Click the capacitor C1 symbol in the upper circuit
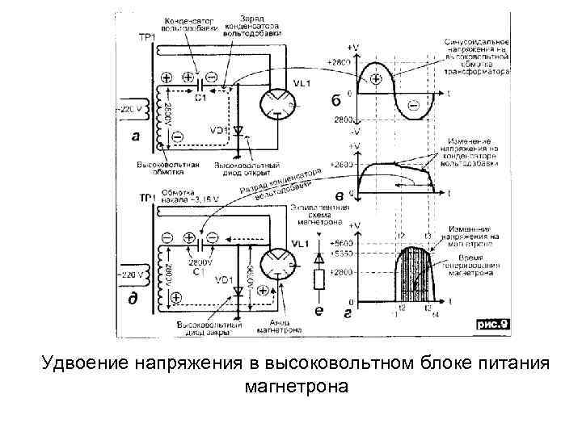pos(200,80)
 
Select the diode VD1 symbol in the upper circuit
pos(238,129)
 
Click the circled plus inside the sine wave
pos(375,78)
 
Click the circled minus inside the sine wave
pos(412,103)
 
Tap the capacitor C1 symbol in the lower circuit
pos(200,239)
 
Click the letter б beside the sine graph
pos(335,100)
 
